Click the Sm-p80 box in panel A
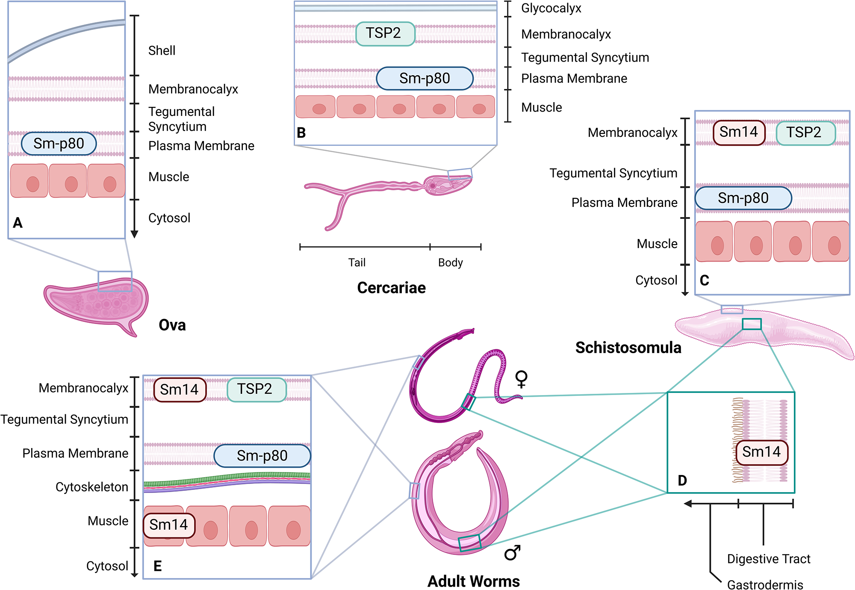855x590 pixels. point(59,144)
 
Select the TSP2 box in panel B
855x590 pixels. point(385,33)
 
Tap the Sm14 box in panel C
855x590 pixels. point(739,133)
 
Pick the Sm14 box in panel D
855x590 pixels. point(761,452)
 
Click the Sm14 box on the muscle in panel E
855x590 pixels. point(169,525)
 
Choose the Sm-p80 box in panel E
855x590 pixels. point(262,456)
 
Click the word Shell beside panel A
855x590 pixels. point(162,50)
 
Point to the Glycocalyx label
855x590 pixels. point(551,9)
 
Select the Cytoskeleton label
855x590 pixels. point(92,487)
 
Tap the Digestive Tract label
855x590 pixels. point(769,559)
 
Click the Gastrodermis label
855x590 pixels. point(765,584)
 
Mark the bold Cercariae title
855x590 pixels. point(392,288)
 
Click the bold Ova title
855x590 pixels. point(172,325)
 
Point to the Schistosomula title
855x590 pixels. point(628,348)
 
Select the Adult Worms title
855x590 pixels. point(474,581)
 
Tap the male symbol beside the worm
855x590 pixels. point(512,552)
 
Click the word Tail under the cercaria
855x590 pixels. point(357,263)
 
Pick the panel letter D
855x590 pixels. point(682,481)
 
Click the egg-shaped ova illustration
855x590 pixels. point(96,304)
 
